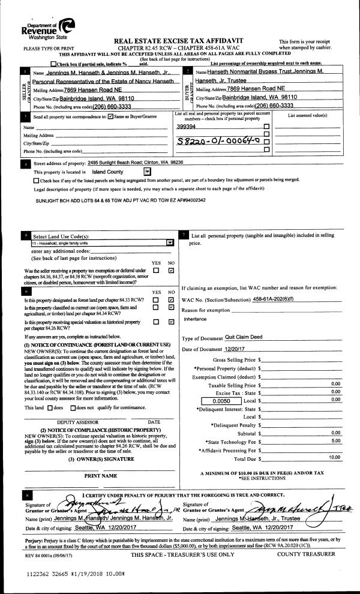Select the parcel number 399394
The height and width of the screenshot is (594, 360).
[187, 127]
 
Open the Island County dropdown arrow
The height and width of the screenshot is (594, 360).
[148, 171]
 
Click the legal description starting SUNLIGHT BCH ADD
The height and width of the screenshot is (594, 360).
[112, 200]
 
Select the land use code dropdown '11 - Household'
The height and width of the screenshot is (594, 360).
[102, 242]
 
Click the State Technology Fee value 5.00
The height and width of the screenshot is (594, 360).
[335, 440]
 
